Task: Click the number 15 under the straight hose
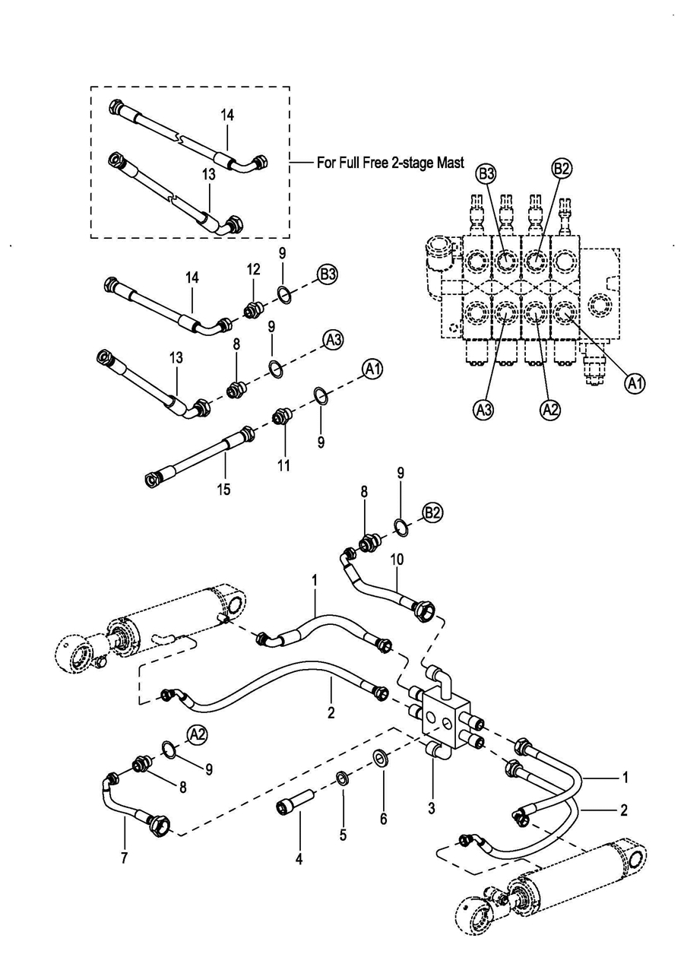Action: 225,490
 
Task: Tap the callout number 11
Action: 283,465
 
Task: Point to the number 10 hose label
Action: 397,559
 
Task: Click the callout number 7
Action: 124,858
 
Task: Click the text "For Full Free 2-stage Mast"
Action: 390,163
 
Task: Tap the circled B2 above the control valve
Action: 560,170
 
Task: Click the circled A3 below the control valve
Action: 483,410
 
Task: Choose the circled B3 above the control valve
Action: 488,174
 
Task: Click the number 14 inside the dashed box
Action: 227,115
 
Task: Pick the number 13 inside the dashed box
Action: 209,174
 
